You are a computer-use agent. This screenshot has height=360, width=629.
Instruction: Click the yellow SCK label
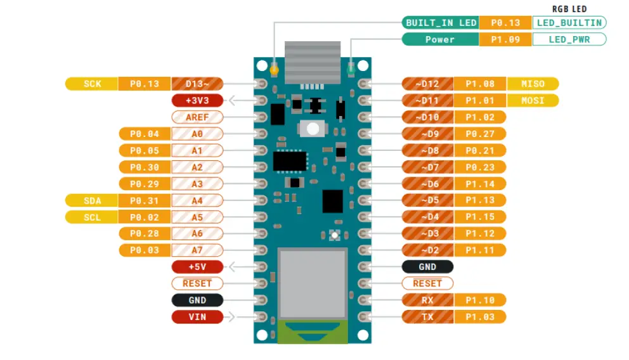pos(92,84)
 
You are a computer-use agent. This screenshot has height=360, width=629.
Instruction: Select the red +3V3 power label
pos(197,100)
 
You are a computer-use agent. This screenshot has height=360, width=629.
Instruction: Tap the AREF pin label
pos(197,117)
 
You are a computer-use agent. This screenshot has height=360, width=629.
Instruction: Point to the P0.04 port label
pos(145,134)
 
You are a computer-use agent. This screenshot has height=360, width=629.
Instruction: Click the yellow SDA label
pos(92,201)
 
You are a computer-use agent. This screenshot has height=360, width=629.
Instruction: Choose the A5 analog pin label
pos(197,217)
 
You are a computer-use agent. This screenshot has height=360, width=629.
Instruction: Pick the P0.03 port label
pos(145,250)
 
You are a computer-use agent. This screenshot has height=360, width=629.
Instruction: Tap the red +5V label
pos(197,267)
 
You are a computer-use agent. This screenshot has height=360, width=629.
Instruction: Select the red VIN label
pos(197,317)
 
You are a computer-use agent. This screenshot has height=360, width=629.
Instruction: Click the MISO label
pos(533,84)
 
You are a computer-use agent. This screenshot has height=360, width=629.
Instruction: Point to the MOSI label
pos(533,100)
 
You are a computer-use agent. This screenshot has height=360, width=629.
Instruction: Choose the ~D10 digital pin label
pos(427,117)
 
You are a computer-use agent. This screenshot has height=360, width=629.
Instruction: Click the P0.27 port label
pos(480,134)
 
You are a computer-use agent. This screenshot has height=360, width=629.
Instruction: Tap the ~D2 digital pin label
pos(427,250)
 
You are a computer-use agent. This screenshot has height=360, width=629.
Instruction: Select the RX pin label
pos(427,300)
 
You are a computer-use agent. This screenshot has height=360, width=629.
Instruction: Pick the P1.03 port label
pos(480,317)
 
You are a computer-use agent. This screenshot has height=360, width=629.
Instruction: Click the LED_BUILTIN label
pos(569,23)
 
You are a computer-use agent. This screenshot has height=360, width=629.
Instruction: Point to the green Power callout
pos(440,39)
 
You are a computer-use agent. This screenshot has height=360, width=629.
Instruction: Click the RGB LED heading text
pos(569,9)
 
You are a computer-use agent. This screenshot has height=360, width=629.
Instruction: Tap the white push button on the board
pos(311,129)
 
